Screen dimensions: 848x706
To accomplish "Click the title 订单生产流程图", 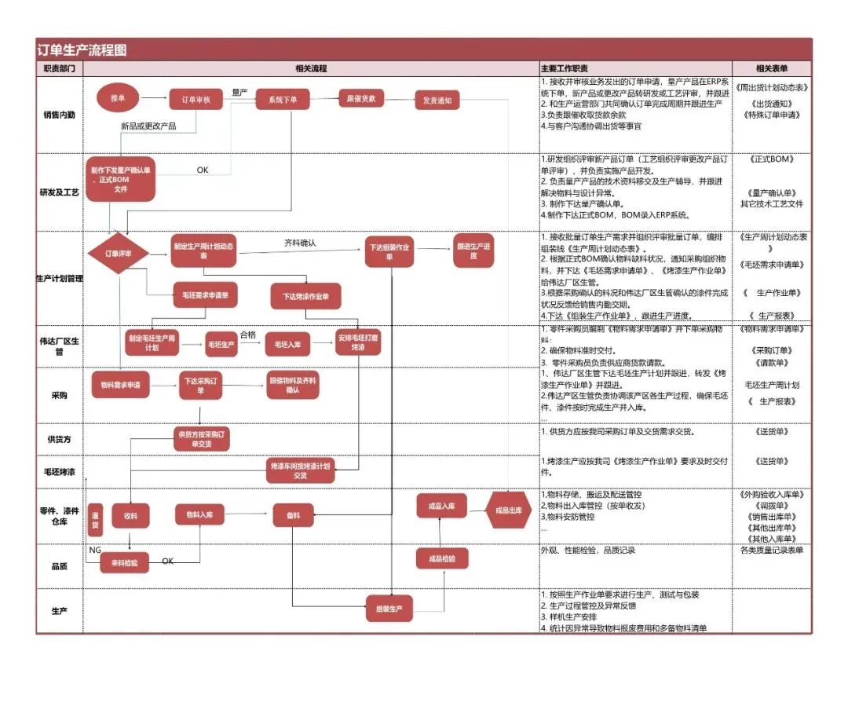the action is (x=82, y=50).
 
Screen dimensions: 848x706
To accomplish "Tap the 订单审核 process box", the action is (x=196, y=100).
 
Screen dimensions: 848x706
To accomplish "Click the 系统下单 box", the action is (x=283, y=100).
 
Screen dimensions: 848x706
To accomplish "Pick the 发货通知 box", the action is (x=437, y=101).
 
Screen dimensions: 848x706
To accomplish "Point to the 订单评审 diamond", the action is (x=119, y=253).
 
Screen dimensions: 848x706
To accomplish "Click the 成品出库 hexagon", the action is (x=509, y=510).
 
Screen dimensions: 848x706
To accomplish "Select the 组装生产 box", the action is (x=389, y=608).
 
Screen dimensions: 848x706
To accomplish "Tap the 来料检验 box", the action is (x=124, y=562).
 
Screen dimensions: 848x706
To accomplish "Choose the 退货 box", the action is (x=96, y=519).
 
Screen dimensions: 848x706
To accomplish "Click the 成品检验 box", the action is (x=441, y=558).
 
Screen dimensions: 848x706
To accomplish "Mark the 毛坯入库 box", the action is (x=287, y=344).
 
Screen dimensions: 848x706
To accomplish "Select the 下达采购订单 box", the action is (x=200, y=386).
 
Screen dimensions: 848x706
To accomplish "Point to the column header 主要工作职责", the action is (x=565, y=68).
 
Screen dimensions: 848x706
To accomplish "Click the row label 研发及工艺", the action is (x=60, y=192).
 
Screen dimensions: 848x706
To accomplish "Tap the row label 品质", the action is (x=60, y=565).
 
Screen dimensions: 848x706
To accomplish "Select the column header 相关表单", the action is (x=772, y=68).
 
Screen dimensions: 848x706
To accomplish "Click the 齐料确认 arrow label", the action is (x=300, y=243).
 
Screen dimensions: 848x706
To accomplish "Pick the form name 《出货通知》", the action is (x=772, y=103).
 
